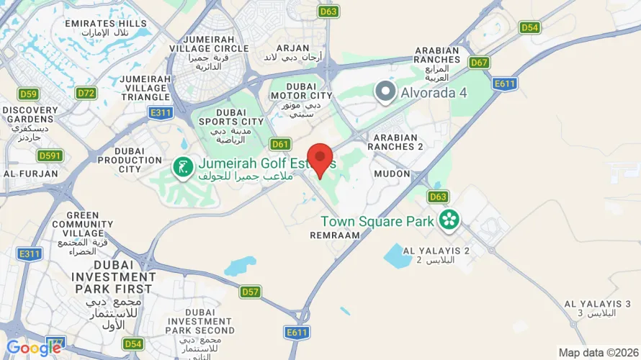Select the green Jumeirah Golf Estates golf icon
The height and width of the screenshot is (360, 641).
click(x=181, y=167)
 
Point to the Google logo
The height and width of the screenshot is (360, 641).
click(x=34, y=348)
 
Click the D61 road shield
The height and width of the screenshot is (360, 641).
click(x=280, y=144)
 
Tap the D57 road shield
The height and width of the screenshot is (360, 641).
click(x=250, y=292)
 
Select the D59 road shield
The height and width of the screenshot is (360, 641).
click(x=29, y=94)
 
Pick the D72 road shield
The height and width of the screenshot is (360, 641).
click(x=86, y=93)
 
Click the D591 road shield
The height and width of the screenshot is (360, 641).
click(x=50, y=156)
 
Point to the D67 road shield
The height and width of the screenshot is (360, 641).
click(x=479, y=63)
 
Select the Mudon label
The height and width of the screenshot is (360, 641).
click(x=392, y=174)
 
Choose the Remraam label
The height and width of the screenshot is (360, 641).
click(x=334, y=235)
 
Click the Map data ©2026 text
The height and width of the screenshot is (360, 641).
click(x=598, y=353)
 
